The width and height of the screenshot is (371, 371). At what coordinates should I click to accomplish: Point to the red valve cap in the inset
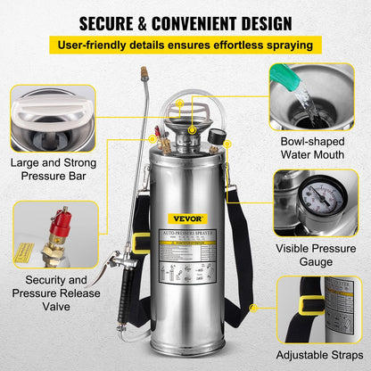click(x=61, y=219)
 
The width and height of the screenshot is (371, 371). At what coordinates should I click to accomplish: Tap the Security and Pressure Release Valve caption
click(x=51, y=292)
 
